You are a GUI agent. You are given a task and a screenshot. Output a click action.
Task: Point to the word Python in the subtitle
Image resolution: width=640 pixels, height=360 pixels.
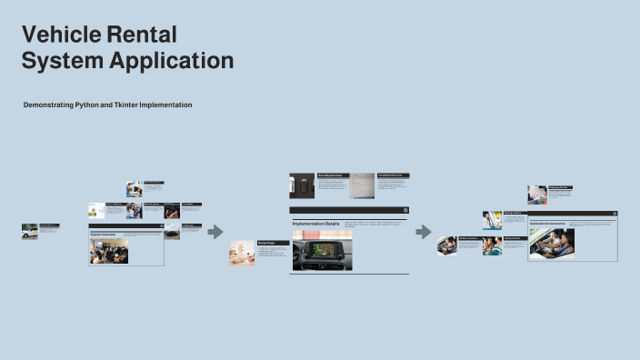click(87, 105)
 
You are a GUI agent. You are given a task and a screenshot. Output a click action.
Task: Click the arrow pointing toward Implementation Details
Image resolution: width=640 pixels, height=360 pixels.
click(215, 232)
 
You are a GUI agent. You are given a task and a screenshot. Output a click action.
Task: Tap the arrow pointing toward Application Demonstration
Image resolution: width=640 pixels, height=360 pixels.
click(423, 232)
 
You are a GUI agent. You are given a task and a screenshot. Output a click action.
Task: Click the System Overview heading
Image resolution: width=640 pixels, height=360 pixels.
click(103, 234)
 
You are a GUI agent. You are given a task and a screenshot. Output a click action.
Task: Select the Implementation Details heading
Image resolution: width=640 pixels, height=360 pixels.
click(315, 223)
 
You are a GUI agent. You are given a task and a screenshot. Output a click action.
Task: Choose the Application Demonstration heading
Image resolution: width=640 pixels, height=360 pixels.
click(547, 223)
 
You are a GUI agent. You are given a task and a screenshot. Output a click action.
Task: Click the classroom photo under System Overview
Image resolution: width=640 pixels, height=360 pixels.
click(108, 250)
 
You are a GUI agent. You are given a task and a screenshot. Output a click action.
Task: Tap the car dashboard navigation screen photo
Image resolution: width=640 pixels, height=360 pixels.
click(322, 249)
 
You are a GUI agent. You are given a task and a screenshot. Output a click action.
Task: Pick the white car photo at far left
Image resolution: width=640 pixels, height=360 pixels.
click(29, 231)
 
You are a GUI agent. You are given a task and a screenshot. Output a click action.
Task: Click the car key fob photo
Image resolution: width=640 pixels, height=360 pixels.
click(302, 185)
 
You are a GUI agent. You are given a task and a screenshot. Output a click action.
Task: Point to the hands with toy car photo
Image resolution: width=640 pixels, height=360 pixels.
click(242, 253)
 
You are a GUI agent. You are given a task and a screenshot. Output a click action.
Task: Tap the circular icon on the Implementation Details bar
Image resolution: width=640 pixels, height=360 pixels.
click(405, 210)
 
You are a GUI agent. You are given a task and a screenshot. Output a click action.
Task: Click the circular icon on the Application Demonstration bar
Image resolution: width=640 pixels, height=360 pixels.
click(614, 214)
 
